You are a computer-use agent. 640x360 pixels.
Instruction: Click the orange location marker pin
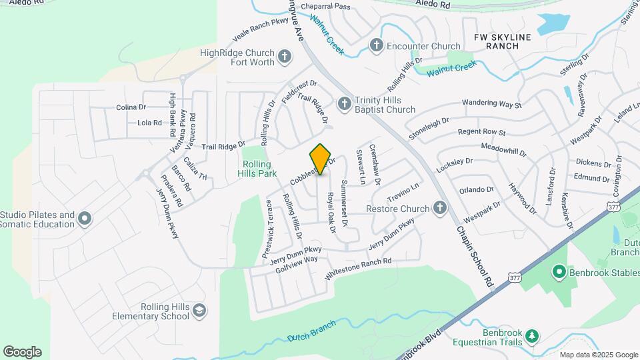[x=321, y=159]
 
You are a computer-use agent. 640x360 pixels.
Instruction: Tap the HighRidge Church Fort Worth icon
[x=285, y=57]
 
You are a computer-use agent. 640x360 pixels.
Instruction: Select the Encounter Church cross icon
[x=377, y=45]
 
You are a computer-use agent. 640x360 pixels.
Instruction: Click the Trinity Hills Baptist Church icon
[x=344, y=103]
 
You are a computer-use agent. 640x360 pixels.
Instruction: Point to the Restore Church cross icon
[x=439, y=208]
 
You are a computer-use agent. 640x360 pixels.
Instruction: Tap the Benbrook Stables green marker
[x=559, y=271]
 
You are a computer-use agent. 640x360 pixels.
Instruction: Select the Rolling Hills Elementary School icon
[x=199, y=310]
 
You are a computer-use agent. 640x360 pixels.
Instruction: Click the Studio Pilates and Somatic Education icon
[x=85, y=218]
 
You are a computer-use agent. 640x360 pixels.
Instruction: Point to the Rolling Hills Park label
[x=257, y=169]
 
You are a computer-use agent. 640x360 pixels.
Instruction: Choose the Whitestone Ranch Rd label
[x=358, y=269]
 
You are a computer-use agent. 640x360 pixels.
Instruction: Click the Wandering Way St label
[x=491, y=104]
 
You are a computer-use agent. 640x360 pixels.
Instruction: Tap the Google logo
[x=22, y=351]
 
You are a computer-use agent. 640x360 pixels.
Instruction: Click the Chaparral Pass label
[x=325, y=6]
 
